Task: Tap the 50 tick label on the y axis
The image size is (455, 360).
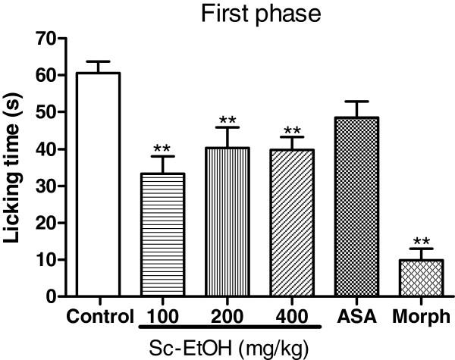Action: [x=55, y=112]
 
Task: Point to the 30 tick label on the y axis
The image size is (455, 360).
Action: [x=55, y=186]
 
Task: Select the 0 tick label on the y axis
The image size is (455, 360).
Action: [x=59, y=297]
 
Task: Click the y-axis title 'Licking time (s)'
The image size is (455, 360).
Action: [x=15, y=168]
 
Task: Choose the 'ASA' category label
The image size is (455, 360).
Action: [x=357, y=315]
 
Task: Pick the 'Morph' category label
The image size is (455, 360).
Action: [x=422, y=315]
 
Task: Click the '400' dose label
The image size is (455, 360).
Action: [x=293, y=315]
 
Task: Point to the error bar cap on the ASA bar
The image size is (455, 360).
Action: [x=357, y=101]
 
